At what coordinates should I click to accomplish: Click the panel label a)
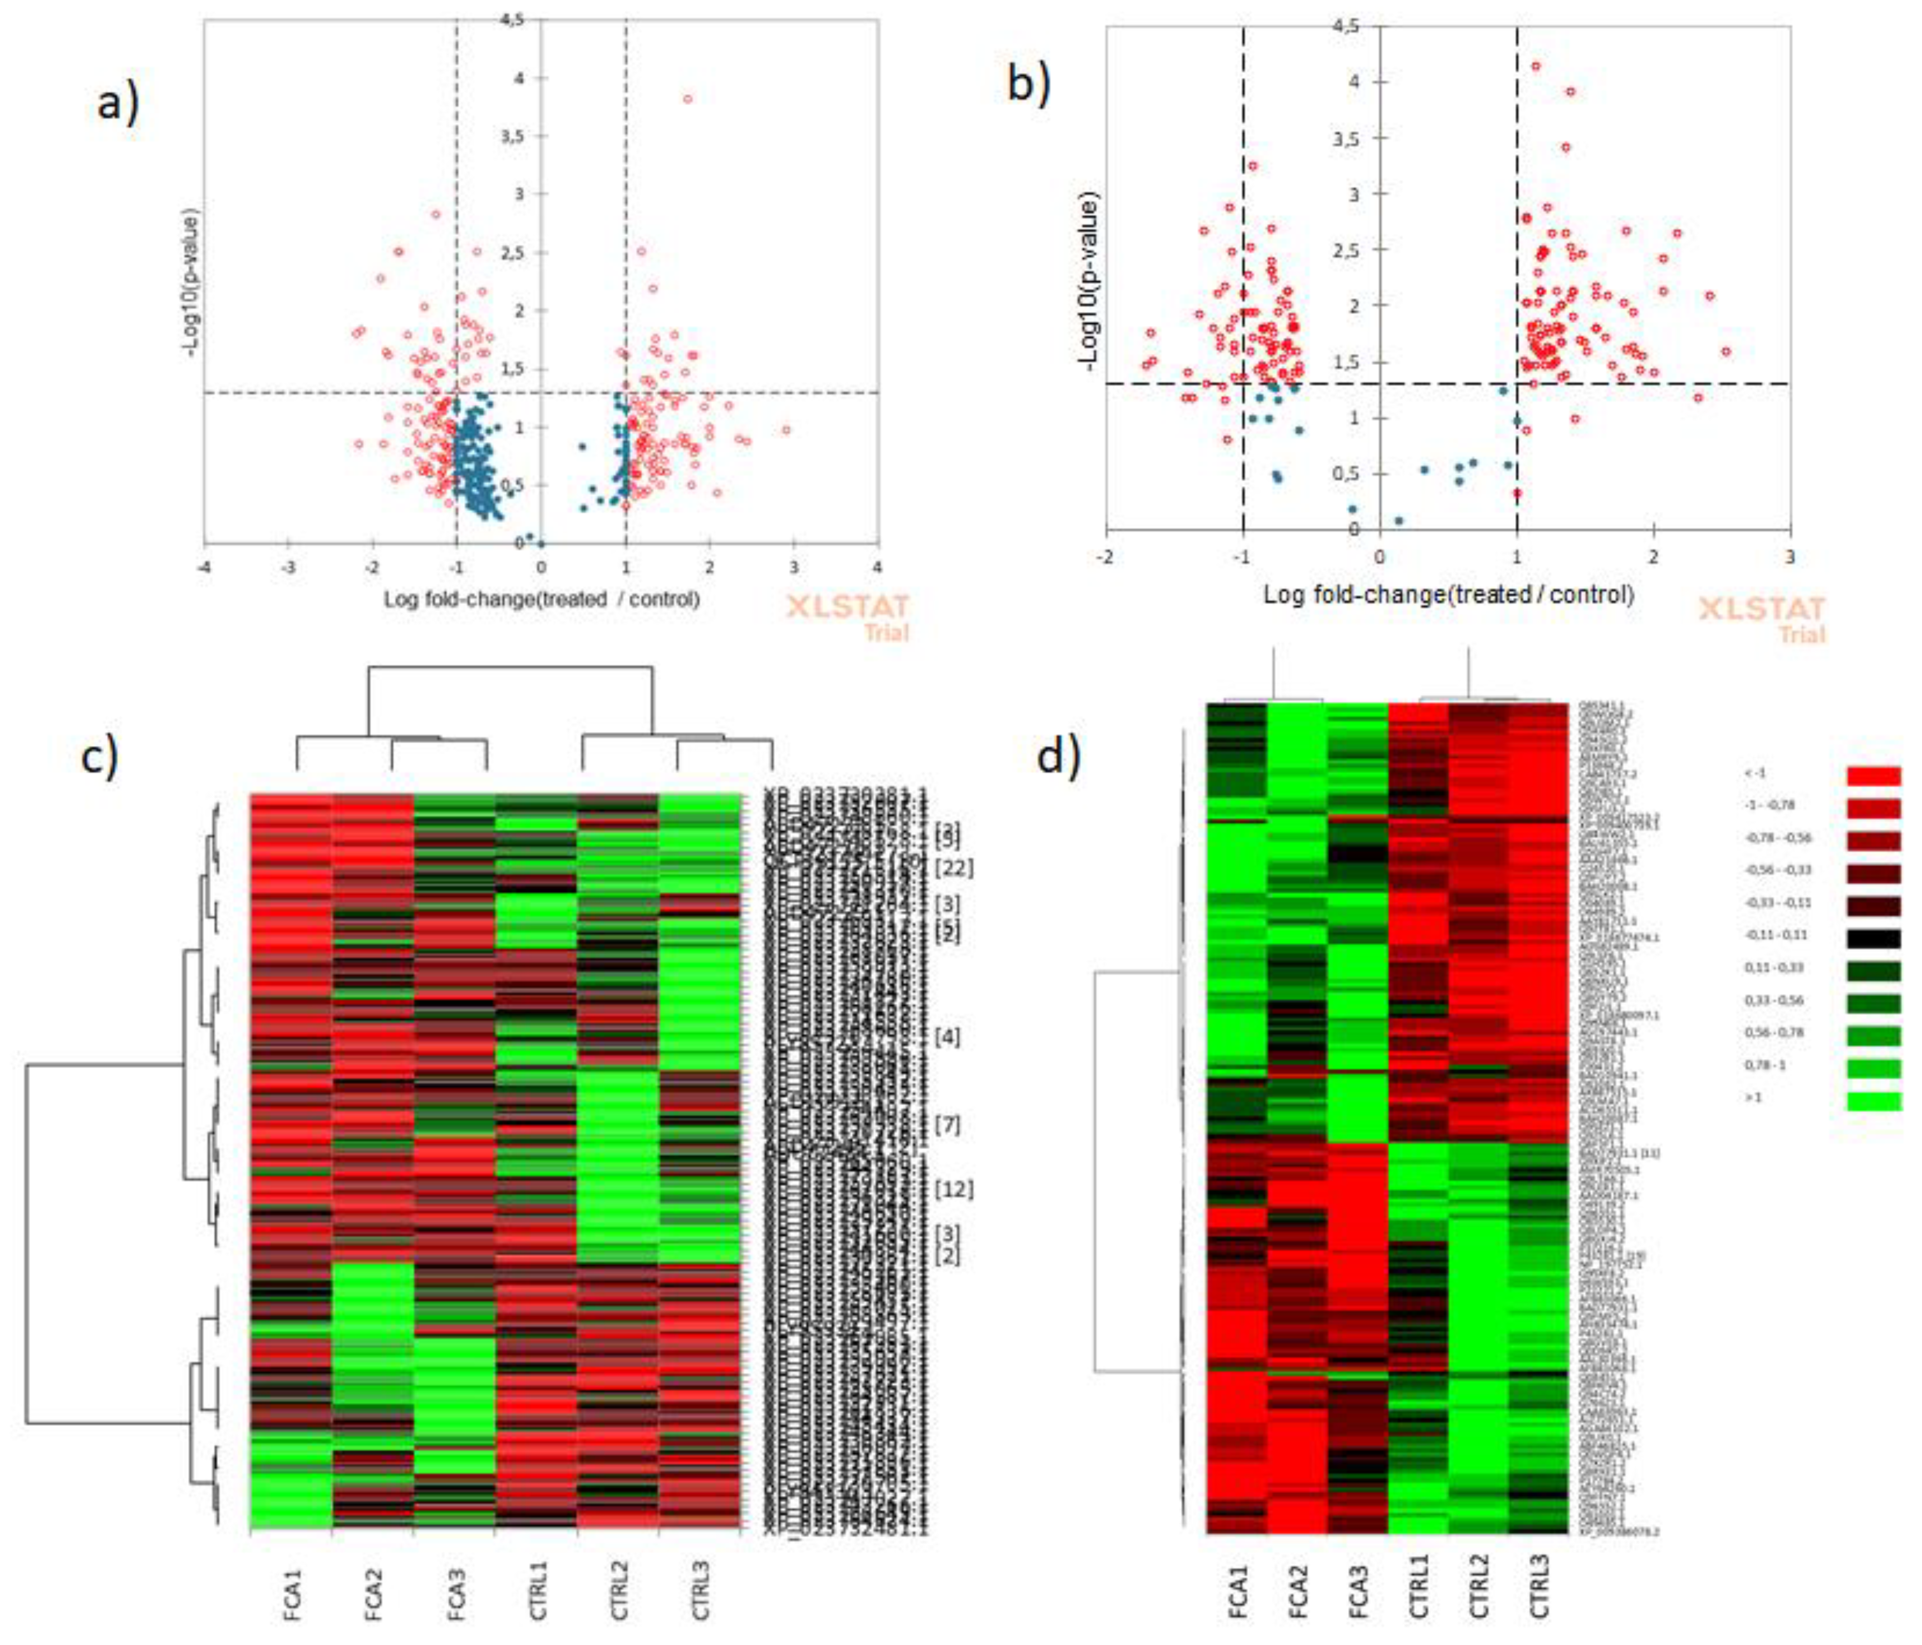pyautogui.click(x=119, y=102)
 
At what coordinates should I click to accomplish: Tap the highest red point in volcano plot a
pyautogui.click(x=687, y=98)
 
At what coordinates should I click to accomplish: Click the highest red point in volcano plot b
pyautogui.click(x=1535, y=66)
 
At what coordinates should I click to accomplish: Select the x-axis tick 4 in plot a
pyautogui.click(x=878, y=566)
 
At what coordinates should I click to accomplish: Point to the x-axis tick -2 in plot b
pyautogui.click(x=1105, y=556)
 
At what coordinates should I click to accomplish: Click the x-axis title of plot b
pyautogui.click(x=1448, y=594)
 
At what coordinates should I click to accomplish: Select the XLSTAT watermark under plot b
pyautogui.click(x=1762, y=609)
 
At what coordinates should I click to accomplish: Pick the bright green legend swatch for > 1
pyautogui.click(x=1874, y=1101)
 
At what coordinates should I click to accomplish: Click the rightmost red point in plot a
pyautogui.click(x=786, y=429)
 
